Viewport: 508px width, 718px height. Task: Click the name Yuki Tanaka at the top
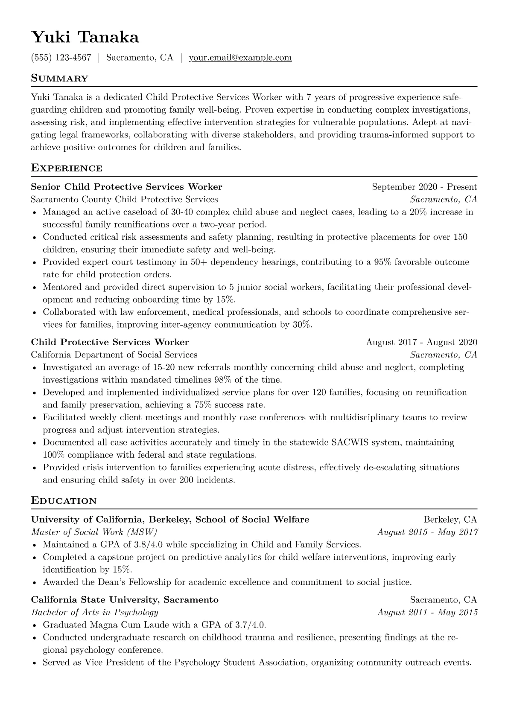tap(85, 38)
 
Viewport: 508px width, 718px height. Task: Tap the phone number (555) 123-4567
tap(61, 58)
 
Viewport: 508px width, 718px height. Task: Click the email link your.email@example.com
tap(240, 58)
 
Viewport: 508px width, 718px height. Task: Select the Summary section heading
tap(60, 78)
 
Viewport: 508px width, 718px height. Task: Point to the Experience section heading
tap(67, 168)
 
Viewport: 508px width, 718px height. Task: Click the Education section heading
tap(64, 501)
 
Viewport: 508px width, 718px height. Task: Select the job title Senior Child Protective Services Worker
tap(126, 187)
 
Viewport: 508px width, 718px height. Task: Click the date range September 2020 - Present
tap(424, 187)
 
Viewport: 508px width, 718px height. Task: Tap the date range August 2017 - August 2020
tap(421, 342)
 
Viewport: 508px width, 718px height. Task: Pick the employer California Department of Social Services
tap(114, 355)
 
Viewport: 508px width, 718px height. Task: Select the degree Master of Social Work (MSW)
tap(94, 532)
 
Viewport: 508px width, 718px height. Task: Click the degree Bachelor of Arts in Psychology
tap(95, 612)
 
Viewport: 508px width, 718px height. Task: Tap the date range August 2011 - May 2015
tap(427, 612)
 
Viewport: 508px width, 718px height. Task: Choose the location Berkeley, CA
tap(450, 520)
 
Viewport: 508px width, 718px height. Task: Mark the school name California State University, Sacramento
tap(125, 600)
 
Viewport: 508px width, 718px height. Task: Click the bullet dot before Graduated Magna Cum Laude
tap(34, 625)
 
